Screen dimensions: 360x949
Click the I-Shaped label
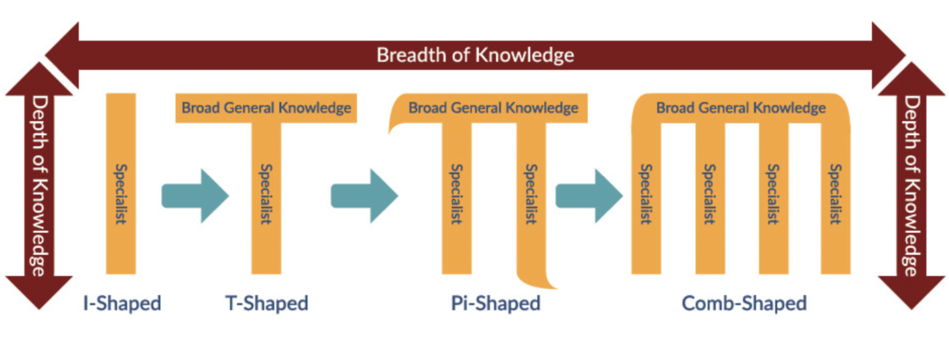click(x=122, y=304)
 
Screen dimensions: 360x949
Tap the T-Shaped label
click(x=267, y=304)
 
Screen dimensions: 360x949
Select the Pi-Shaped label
click(x=495, y=304)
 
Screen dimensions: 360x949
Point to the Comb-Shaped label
click(x=744, y=304)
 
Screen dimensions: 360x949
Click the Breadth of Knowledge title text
click(x=475, y=55)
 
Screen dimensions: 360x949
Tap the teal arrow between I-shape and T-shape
click(x=195, y=196)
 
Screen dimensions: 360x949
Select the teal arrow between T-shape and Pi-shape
click(x=364, y=196)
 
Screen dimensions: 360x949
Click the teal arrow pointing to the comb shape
click(x=589, y=196)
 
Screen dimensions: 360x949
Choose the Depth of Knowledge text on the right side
click(x=912, y=186)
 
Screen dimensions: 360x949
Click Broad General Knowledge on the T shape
click(x=266, y=108)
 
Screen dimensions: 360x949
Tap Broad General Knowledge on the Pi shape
click(x=493, y=108)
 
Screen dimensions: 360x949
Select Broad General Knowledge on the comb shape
click(x=741, y=108)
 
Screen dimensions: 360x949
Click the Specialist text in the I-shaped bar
click(x=121, y=194)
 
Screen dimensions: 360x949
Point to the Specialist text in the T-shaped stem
click(x=266, y=194)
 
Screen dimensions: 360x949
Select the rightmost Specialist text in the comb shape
click(x=835, y=194)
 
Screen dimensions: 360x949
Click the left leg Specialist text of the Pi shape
click(x=457, y=194)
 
